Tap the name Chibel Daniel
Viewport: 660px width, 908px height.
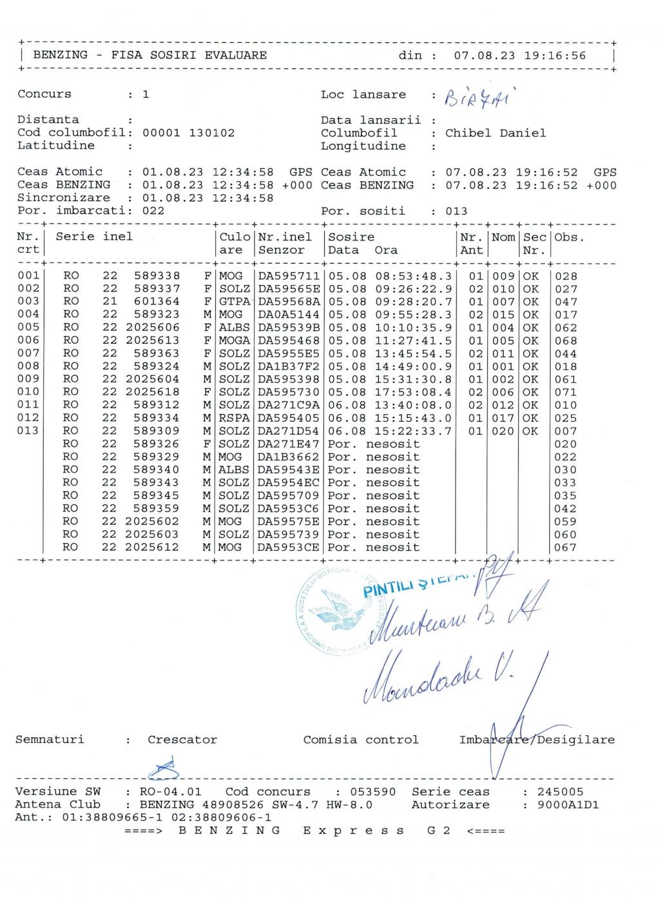pos(496,133)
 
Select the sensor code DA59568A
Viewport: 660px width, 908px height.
pos(289,302)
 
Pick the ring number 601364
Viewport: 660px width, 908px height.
pos(157,302)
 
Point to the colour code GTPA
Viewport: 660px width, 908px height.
pos(235,302)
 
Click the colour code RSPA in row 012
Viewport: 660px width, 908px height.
pos(235,418)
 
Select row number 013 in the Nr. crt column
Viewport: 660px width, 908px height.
pos(28,431)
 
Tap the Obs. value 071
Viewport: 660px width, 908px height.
pos(566,392)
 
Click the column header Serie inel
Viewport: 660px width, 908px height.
pos(94,237)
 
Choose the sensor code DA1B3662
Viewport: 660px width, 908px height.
pos(289,457)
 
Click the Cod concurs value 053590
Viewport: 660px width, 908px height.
pos(373,792)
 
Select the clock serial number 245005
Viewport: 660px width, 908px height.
pos(560,792)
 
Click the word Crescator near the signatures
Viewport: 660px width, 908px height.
pos(182,740)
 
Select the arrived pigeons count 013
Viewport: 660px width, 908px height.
pos(456,211)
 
